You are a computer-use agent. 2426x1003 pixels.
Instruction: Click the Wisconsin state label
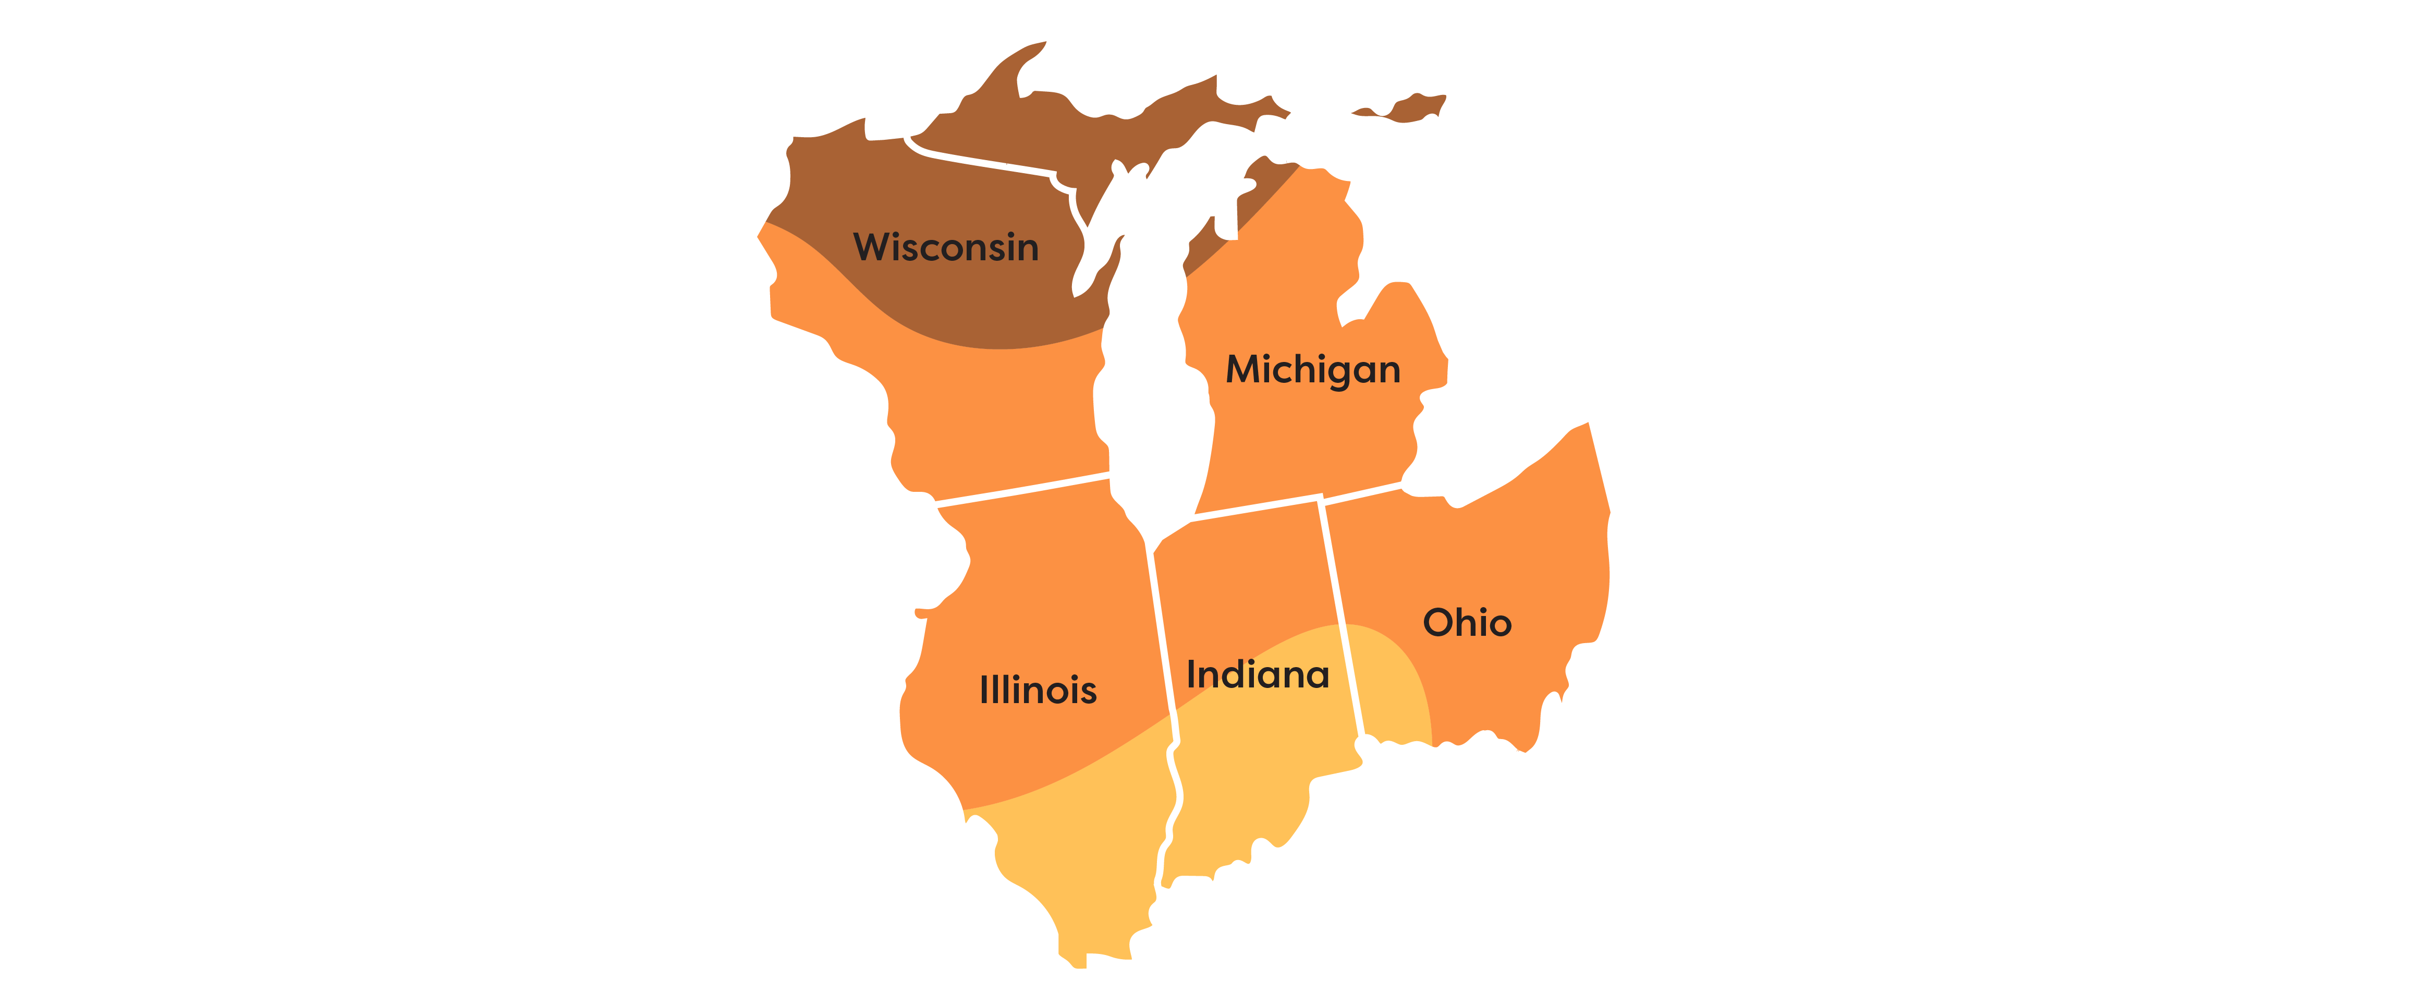pos(946,247)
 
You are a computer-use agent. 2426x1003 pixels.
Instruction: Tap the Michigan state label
pos(1313,369)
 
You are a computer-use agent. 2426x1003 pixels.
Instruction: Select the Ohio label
pos(1466,623)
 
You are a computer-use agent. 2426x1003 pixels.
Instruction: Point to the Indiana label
pos(1257,674)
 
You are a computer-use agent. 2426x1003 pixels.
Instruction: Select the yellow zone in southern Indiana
pos(1243,782)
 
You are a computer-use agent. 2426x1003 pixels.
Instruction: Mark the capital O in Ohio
pos(1438,623)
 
